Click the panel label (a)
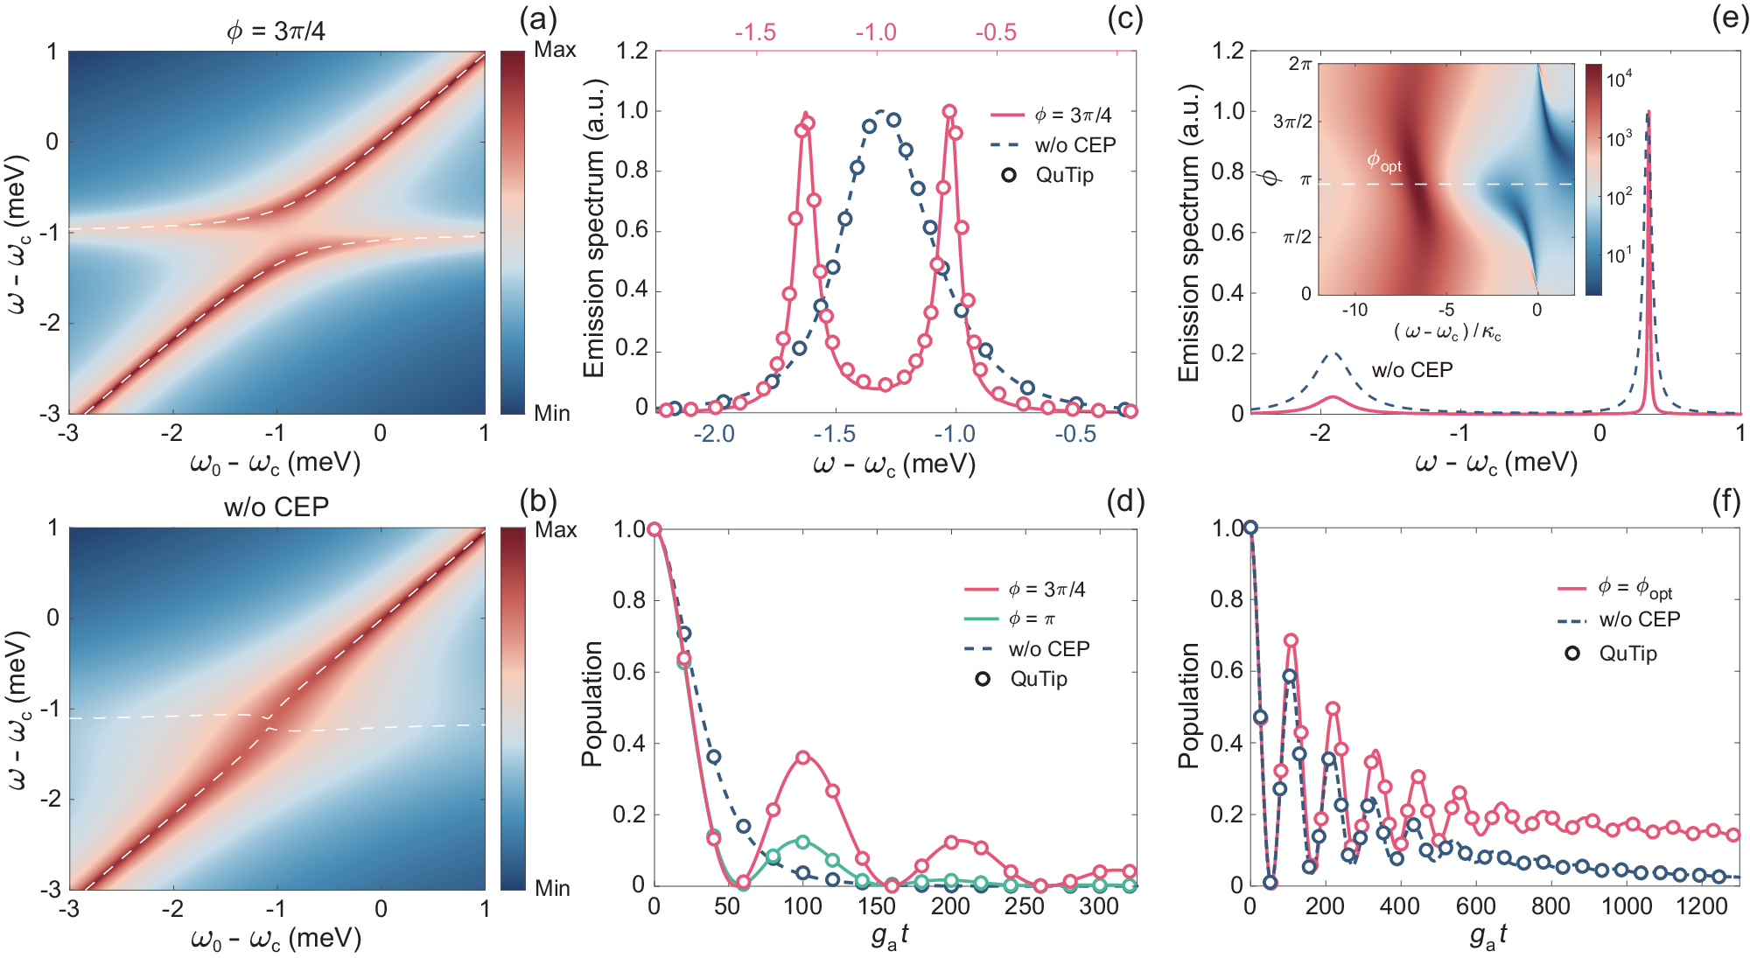pyautogui.click(x=538, y=19)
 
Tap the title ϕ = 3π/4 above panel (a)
pyautogui.click(x=276, y=31)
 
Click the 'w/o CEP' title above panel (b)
pyautogui.click(x=276, y=507)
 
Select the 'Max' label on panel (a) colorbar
pyautogui.click(x=555, y=50)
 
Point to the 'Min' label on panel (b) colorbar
pyautogui.click(x=552, y=888)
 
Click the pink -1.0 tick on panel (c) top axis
pyautogui.click(x=876, y=32)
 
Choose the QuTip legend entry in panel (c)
pyautogui.click(x=1064, y=175)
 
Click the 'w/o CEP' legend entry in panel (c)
pyautogui.click(x=1074, y=145)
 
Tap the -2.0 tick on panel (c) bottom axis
pyautogui.click(x=714, y=434)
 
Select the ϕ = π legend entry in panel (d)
pyautogui.click(x=1032, y=619)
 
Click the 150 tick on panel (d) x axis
pyautogui.click(x=876, y=906)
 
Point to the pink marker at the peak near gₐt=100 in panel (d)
pyautogui.click(x=803, y=758)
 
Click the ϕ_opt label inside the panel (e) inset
pyautogui.click(x=1383, y=161)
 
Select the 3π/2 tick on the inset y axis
pyautogui.click(x=1292, y=122)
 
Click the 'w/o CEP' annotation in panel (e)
pyautogui.click(x=1411, y=370)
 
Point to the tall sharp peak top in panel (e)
pyautogui.click(x=1648, y=113)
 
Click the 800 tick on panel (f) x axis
pyautogui.click(x=1550, y=906)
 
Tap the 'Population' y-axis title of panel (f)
pyautogui.click(x=1188, y=705)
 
